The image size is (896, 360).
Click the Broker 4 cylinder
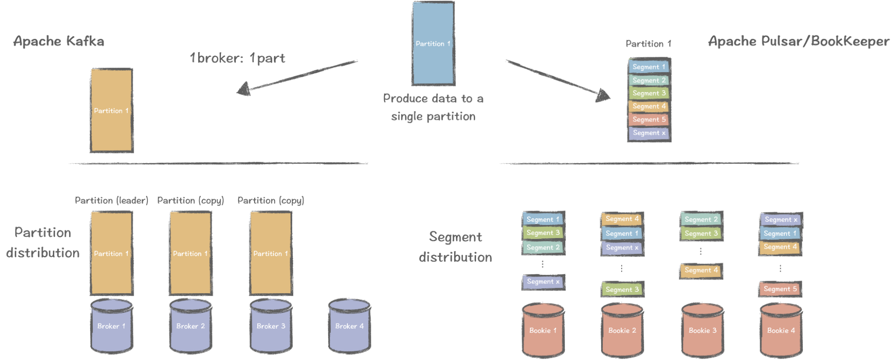[x=349, y=326]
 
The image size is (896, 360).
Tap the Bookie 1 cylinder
[x=543, y=331]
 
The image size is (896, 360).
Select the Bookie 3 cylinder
[x=702, y=331]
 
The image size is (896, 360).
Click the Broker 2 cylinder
[x=190, y=326]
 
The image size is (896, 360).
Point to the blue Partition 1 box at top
[x=433, y=43]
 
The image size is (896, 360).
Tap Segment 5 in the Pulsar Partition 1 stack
[x=649, y=120]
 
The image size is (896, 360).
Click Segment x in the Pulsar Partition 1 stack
[x=649, y=133]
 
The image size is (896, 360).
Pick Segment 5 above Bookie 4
[x=780, y=289]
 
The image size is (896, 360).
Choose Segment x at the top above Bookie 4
[x=781, y=220]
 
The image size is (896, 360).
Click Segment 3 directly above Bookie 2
[x=622, y=290]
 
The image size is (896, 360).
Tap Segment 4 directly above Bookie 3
[x=701, y=270]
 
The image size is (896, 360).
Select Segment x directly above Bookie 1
[x=543, y=282]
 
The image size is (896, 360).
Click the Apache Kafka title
[x=59, y=42]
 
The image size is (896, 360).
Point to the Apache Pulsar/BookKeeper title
[x=799, y=42]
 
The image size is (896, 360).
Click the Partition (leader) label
[x=111, y=200]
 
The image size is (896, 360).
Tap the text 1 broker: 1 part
[x=237, y=58]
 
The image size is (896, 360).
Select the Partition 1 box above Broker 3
[x=271, y=254]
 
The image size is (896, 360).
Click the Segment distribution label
[x=455, y=247]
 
